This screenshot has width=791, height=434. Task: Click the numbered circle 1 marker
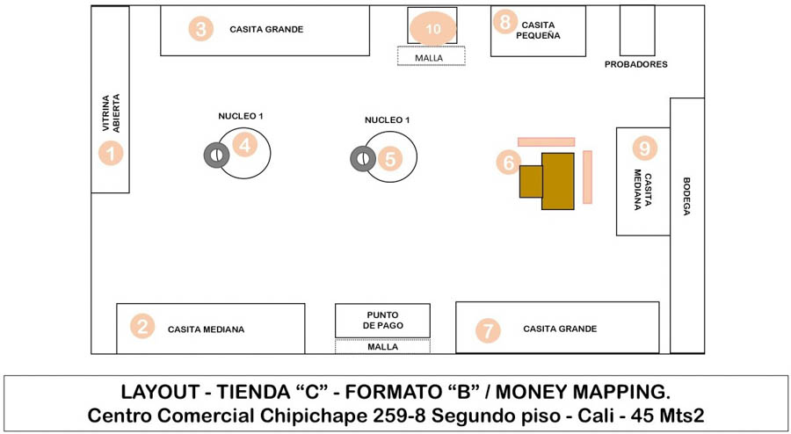click(x=111, y=154)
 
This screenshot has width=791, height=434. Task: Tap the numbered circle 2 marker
click(x=142, y=327)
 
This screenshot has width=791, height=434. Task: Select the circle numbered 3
click(x=201, y=29)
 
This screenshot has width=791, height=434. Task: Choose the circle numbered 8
click(x=504, y=22)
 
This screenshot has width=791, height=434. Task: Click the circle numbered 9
click(x=646, y=148)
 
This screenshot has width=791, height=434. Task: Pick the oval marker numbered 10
click(x=432, y=28)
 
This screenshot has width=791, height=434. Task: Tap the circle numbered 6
click(x=507, y=163)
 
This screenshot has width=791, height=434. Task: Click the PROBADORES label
click(x=636, y=64)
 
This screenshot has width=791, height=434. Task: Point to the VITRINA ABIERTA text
click(x=111, y=112)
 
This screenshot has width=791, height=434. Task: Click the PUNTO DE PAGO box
click(x=382, y=321)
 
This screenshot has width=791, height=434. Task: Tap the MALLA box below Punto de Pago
click(x=382, y=347)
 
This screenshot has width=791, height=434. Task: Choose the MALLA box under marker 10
click(x=431, y=57)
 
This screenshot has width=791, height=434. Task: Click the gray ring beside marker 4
click(x=215, y=156)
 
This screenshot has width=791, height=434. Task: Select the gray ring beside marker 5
click(x=362, y=159)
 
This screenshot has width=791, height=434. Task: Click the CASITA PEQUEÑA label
click(x=538, y=31)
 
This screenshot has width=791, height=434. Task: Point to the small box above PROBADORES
click(x=636, y=31)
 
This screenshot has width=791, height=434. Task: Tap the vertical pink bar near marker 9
click(x=587, y=177)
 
